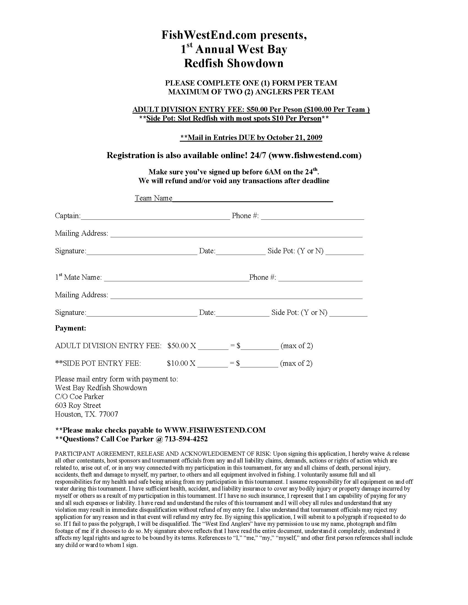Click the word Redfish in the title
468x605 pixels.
(x=203, y=63)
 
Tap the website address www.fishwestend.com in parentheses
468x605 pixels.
(x=315, y=155)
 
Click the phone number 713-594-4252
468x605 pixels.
(x=186, y=439)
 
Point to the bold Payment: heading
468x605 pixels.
(x=70, y=328)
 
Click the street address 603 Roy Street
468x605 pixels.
(x=78, y=406)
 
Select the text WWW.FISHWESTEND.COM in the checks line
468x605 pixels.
(x=215, y=430)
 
